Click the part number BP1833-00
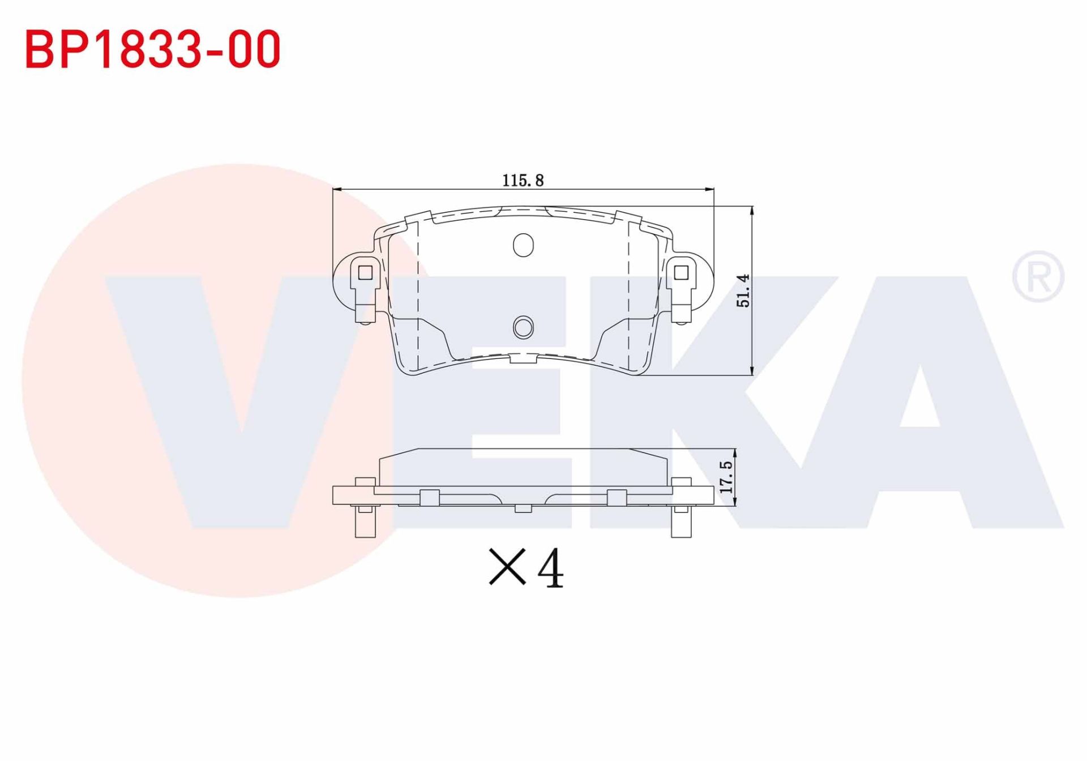[153, 49]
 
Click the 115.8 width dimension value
[523, 181]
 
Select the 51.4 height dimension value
[743, 290]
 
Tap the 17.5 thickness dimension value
[726, 477]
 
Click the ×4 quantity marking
[526, 567]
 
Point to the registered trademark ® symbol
[1038, 276]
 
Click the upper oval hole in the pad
[523, 245]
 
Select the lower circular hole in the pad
[523, 327]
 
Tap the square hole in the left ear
[365, 273]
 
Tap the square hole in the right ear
[681, 273]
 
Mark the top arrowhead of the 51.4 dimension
[752, 210]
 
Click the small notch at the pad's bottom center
[523, 358]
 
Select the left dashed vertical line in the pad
[417, 294]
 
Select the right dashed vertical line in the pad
[629, 294]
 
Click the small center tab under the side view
[523, 508]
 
